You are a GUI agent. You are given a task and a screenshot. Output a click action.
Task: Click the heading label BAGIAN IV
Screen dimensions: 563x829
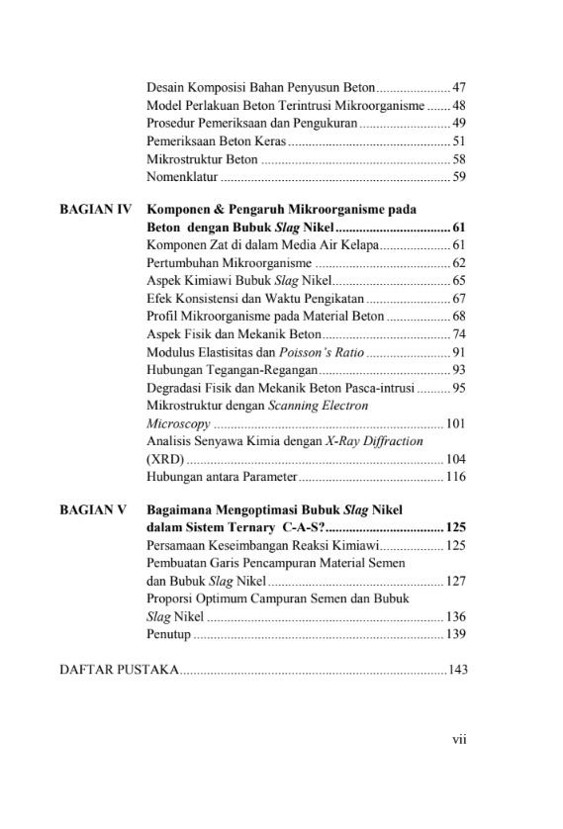point(96,210)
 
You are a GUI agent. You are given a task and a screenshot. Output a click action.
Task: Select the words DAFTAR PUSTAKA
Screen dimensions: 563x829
point(120,671)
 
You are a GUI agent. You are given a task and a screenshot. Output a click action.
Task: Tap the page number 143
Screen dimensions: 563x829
point(457,671)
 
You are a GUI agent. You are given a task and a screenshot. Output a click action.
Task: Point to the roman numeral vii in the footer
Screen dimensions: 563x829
point(459,736)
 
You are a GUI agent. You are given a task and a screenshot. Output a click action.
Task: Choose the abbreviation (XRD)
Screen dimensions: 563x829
point(164,460)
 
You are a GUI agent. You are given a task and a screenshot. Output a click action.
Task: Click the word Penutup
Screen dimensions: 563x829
point(168,633)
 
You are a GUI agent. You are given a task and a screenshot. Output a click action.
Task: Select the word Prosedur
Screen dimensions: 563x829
point(170,124)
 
